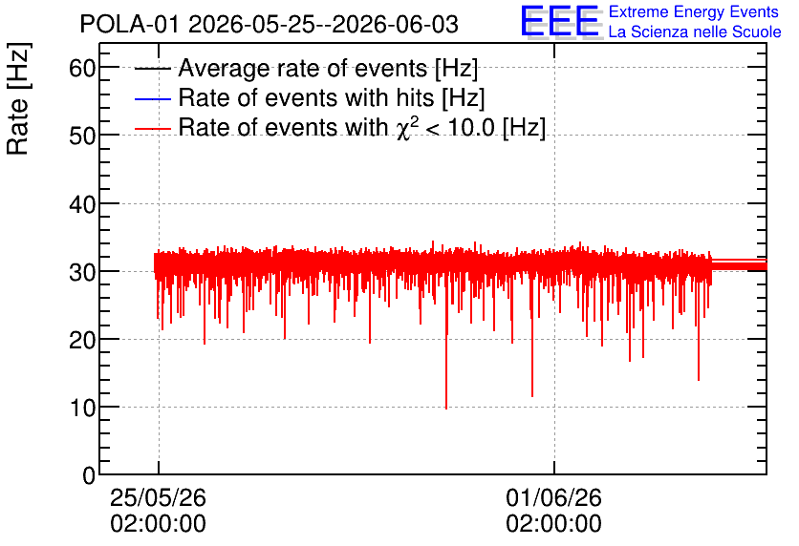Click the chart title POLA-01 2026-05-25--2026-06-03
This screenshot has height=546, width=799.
coord(270,24)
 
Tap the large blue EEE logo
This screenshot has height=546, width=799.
coord(560,21)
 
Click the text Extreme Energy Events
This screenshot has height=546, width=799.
coord(694,11)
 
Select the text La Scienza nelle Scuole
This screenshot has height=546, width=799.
coord(695,31)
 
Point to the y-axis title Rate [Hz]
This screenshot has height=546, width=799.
coord(18,98)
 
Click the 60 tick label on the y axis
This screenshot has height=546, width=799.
coord(82,67)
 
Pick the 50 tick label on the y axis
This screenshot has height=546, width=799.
coord(82,136)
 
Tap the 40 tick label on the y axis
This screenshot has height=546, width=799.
coord(82,203)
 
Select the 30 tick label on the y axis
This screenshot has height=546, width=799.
coord(82,272)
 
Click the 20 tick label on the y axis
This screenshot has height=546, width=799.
coord(82,340)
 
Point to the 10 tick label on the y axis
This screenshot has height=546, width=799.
coord(82,407)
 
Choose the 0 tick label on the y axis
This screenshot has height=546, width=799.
coord(89,475)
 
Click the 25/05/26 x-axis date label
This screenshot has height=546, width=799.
coord(158,497)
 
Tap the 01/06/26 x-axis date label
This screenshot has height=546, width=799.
coord(554,497)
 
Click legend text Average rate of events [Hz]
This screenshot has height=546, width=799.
coord(328,68)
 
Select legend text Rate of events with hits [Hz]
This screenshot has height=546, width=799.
coord(332,97)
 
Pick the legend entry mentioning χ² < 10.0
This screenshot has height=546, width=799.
coord(362,127)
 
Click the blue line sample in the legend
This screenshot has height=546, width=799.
coord(153,99)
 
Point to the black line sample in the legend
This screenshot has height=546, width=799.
coord(153,70)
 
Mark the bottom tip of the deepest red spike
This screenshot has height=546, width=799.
coord(446,409)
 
